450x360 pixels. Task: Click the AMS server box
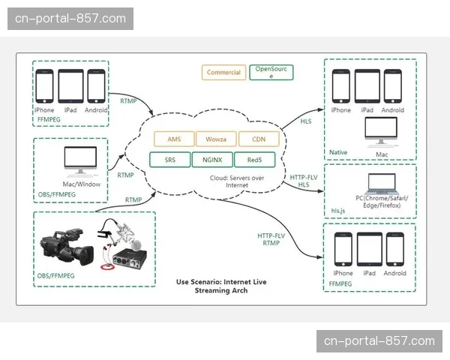coord(174,139)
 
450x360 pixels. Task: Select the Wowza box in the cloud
coord(216,139)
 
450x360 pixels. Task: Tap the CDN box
coord(258,139)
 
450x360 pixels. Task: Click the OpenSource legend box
coord(271,72)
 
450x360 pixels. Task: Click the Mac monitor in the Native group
coord(382,132)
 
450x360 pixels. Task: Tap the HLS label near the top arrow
coord(306,121)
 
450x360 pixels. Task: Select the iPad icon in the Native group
coord(367,86)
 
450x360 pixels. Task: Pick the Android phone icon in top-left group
coord(95,85)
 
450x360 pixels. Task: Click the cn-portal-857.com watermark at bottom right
coord(378,341)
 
